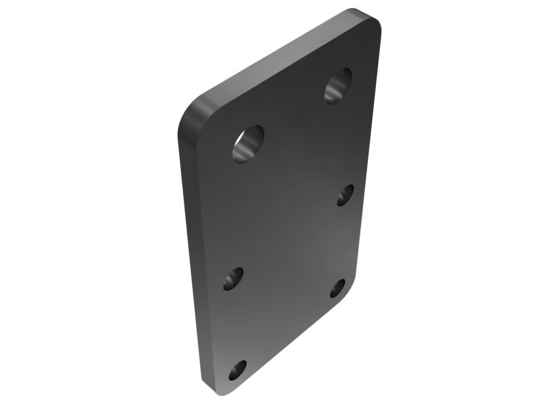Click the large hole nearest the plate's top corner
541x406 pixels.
[339, 85]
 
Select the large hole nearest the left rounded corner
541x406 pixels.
[248, 143]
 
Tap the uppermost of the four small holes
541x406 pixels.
[345, 194]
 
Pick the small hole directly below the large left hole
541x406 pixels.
[233, 277]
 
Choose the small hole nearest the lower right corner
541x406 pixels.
[337, 288]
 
